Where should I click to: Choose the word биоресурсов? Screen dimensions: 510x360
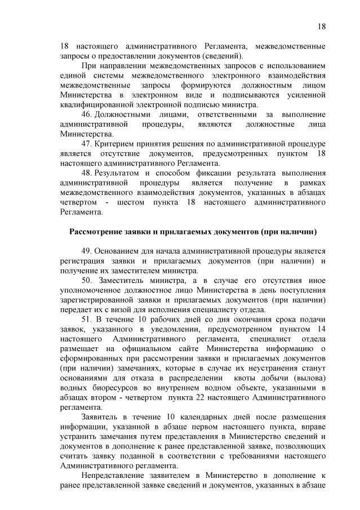[x=109, y=388]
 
